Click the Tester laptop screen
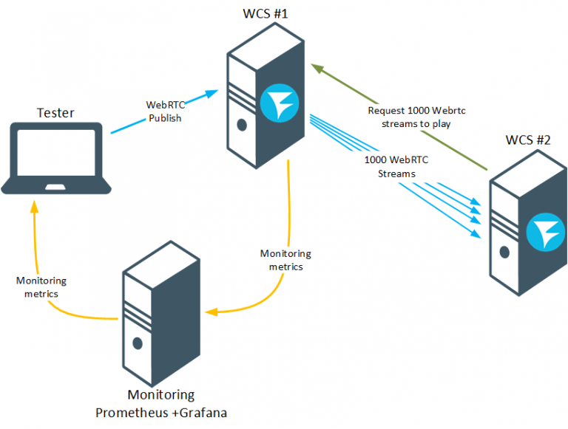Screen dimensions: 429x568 tap(57, 154)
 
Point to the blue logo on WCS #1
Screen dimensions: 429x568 tap(279, 103)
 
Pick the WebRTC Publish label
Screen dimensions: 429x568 tap(163, 111)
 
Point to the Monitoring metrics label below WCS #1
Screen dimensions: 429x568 tap(285, 260)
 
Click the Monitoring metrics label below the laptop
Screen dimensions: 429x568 tap(41, 287)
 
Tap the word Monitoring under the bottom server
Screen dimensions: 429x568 tap(161, 395)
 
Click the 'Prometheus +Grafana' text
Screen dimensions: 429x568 tap(160, 412)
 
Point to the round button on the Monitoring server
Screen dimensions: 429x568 tap(137, 343)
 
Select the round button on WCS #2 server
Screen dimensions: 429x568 tap(505, 251)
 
